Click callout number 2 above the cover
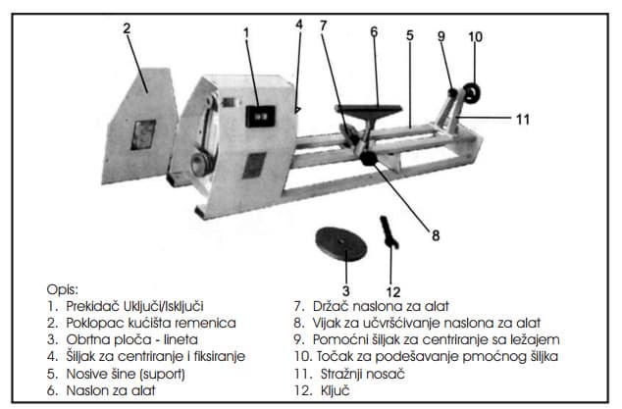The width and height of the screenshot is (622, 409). click(126, 27)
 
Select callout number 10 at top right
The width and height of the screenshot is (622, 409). click(475, 38)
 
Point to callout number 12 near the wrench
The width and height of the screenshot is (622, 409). click(393, 291)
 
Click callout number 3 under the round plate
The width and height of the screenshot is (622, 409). click(344, 291)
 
